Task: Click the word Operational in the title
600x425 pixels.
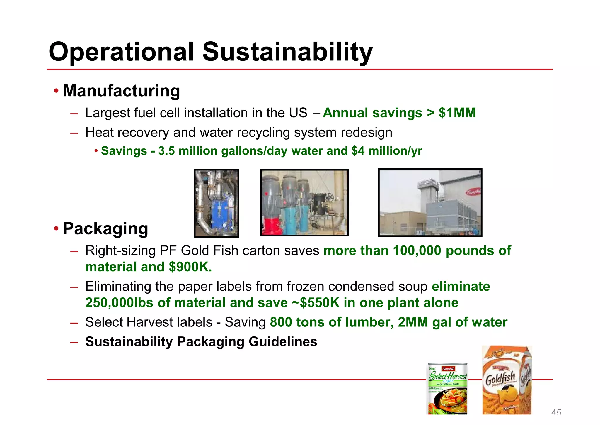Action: pyautogui.click(x=121, y=52)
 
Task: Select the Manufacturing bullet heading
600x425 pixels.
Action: pyautogui.click(x=121, y=91)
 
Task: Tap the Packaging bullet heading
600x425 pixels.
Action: pyautogui.click(x=105, y=229)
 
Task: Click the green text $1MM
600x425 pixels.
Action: pyautogui.click(x=457, y=113)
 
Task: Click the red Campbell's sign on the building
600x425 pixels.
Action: pyautogui.click(x=473, y=192)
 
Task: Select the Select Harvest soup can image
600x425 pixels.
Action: pyautogui.click(x=447, y=389)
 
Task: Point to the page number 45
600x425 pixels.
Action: pyautogui.click(x=556, y=412)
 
